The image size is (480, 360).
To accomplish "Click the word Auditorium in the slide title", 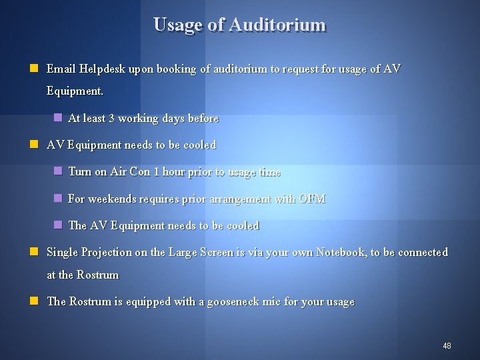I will point(277,25).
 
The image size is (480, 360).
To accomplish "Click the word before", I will point(203,118).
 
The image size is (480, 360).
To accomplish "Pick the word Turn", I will point(80,171).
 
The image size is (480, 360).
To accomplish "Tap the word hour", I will point(173,171).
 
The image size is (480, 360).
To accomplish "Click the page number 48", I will point(447,346).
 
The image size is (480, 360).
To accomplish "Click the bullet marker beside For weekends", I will point(58,199).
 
